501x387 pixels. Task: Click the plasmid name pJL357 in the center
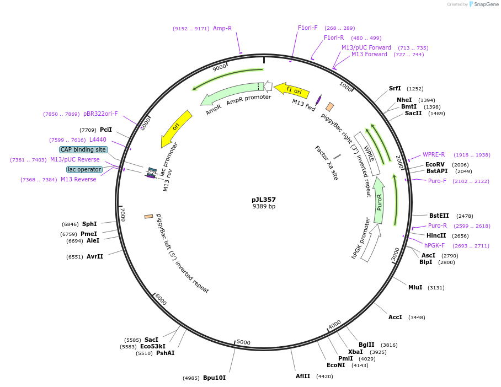(x=264, y=200)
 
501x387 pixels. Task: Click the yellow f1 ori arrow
(x=292, y=89)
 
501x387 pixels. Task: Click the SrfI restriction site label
(x=395, y=88)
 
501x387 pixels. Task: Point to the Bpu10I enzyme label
(x=214, y=378)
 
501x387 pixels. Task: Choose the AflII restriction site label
(x=303, y=376)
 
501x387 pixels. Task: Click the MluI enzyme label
(x=415, y=287)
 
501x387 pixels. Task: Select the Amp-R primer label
(x=222, y=28)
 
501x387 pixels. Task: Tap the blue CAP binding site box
(x=83, y=149)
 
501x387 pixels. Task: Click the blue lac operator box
(x=84, y=169)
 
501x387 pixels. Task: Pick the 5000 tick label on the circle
(x=243, y=342)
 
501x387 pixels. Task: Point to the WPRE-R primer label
(x=434, y=154)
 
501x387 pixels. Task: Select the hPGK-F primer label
(x=434, y=245)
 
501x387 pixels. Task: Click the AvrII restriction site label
(x=94, y=256)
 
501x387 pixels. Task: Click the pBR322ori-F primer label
(x=100, y=114)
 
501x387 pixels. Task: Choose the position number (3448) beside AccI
(x=417, y=317)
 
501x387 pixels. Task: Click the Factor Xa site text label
(x=326, y=163)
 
